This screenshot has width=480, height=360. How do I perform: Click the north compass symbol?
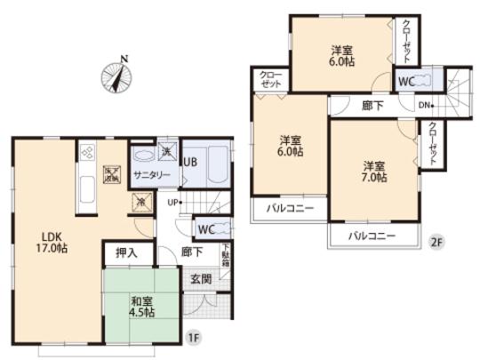point(116,74)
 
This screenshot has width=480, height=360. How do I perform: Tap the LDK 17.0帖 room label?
point(53,242)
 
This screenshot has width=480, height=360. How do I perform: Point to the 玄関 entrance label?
point(201,279)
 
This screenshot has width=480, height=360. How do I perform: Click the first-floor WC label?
point(205,229)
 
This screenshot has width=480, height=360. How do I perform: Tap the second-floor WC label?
point(405,82)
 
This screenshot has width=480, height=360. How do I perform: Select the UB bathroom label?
point(190,162)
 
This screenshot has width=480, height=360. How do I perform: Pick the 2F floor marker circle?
point(436,241)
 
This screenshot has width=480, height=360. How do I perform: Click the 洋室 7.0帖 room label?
point(373,172)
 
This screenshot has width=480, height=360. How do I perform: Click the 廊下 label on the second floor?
point(372,105)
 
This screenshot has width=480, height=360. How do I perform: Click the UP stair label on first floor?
point(176,202)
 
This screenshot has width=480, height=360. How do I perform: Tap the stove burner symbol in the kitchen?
point(87,152)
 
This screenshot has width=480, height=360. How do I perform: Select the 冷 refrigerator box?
point(140,201)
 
